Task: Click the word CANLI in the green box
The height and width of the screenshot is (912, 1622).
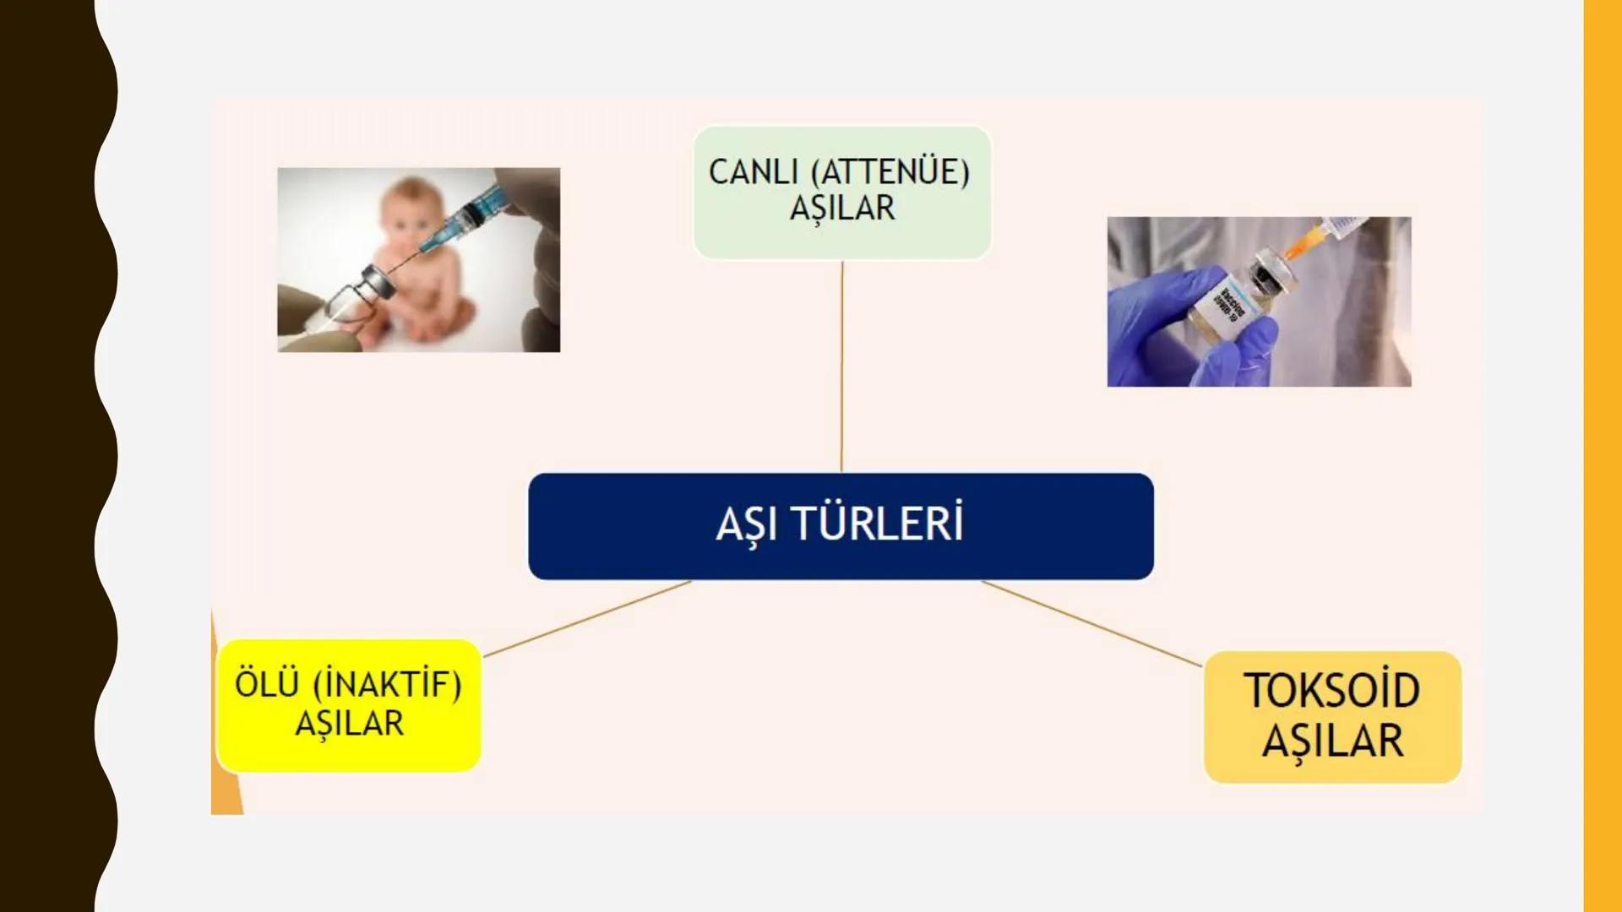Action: pos(753,172)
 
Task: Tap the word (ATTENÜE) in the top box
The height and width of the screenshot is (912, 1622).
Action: pos(890,172)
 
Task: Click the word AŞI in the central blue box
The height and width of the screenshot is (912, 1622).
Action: pos(746,524)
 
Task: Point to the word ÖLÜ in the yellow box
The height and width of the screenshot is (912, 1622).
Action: pos(267,684)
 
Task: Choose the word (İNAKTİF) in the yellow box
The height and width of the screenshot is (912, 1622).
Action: pos(388,685)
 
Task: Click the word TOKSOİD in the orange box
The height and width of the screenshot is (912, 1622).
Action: pos(1331,691)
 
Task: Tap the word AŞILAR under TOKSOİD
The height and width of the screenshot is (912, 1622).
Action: pos(1332,741)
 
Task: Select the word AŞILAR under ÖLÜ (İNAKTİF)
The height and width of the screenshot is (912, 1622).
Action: pos(349,724)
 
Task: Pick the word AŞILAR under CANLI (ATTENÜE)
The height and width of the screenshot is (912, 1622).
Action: pos(841,209)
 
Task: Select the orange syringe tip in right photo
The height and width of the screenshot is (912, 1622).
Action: pos(1301,241)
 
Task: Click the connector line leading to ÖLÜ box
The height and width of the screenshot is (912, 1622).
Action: pos(587,618)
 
